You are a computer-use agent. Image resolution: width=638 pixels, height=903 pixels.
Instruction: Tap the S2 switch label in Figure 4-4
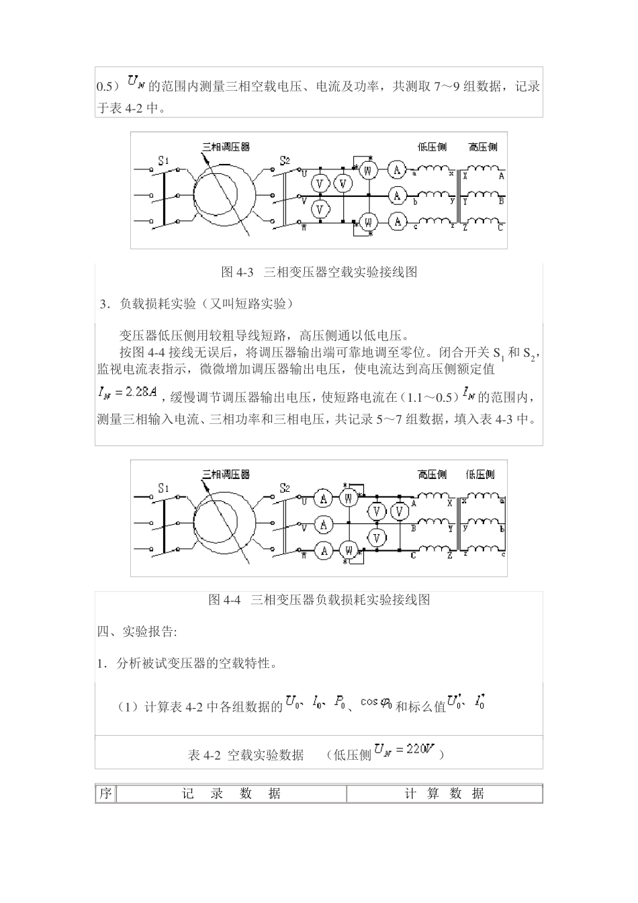tap(285, 488)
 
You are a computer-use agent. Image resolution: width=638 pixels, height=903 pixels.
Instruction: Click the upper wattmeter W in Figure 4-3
tap(367, 171)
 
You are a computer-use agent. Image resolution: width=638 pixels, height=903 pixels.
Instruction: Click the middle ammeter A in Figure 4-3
tap(397, 196)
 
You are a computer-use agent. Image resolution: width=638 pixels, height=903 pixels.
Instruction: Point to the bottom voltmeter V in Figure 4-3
tap(320, 209)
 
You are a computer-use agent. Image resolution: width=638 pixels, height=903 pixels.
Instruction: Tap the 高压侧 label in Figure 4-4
tap(432, 474)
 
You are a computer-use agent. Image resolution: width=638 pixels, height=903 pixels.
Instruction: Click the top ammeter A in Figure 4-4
tap(324, 499)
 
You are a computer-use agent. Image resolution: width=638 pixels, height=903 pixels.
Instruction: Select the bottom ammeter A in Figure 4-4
tap(324, 551)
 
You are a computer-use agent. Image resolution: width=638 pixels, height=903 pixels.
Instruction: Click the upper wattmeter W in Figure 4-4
tap(349, 498)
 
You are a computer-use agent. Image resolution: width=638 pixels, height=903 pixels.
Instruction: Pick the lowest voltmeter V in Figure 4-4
tap(377, 537)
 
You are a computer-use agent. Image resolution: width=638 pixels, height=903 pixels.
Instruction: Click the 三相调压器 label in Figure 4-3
tap(226, 147)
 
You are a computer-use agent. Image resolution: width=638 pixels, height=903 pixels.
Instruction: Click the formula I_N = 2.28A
tap(128, 392)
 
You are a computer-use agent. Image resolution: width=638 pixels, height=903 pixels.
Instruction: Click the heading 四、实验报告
tap(137, 632)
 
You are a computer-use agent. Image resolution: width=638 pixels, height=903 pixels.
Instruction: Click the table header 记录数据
tap(232, 793)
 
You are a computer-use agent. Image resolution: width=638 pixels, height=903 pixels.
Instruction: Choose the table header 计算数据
tap(444, 793)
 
